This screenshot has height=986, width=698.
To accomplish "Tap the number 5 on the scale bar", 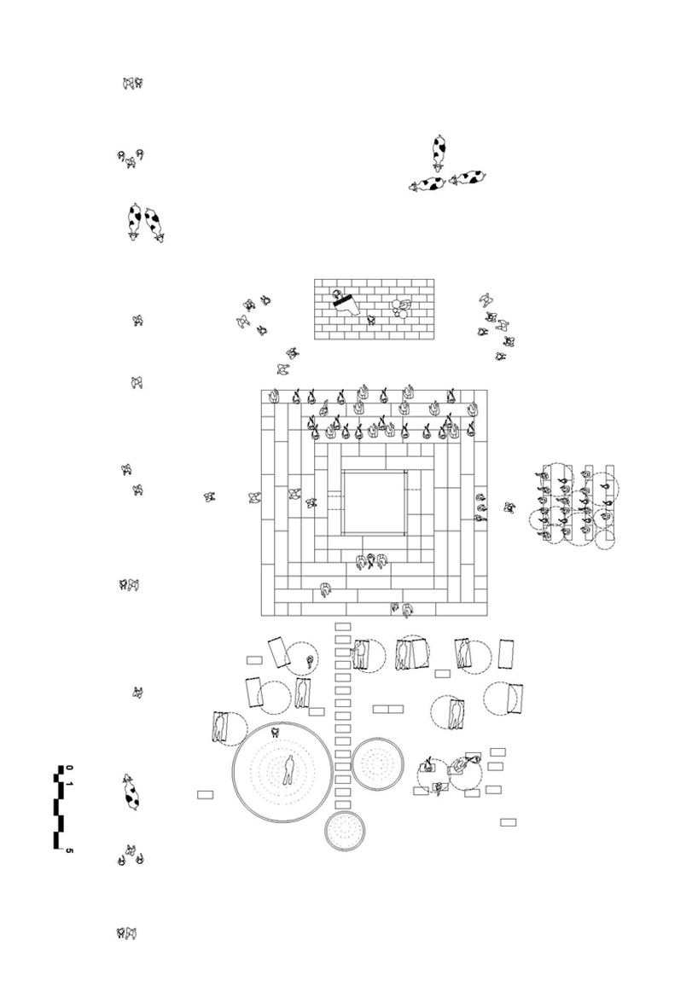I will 69,850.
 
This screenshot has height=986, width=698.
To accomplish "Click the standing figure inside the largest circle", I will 290,770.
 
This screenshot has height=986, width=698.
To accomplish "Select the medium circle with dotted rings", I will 376,763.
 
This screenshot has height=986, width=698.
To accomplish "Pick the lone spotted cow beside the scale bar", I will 131,792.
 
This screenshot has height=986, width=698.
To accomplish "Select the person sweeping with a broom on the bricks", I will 345,302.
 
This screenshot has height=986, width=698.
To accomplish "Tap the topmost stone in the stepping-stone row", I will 343,627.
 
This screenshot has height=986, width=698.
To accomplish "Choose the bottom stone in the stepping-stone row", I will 343,804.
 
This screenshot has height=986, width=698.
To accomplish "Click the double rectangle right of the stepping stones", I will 387,709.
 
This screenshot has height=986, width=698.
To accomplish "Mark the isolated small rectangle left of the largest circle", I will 205,795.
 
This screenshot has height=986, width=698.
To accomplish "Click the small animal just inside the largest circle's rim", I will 276,732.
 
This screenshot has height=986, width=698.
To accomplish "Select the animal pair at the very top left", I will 132,83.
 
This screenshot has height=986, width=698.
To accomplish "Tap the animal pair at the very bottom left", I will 126,934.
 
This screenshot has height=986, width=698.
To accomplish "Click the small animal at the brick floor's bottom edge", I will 371,321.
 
